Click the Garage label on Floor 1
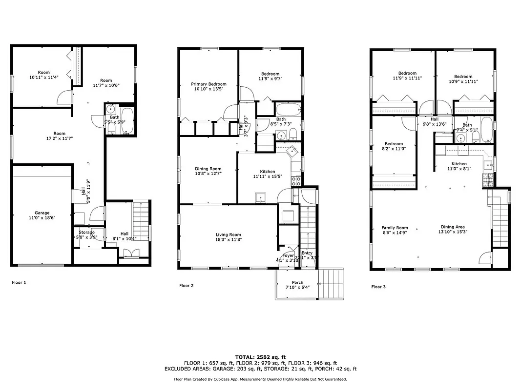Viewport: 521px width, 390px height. click(x=42, y=213)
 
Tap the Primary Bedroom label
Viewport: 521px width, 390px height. click(x=208, y=84)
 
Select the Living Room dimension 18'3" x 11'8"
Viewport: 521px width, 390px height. click(x=229, y=239)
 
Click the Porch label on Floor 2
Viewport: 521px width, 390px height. click(x=297, y=282)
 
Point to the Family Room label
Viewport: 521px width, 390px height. click(x=395, y=228)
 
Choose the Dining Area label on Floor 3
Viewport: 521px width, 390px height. click(x=453, y=227)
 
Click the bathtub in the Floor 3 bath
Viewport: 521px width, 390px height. click(x=486, y=130)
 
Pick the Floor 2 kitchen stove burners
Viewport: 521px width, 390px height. click(x=296, y=181)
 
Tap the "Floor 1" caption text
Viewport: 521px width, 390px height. click(x=19, y=282)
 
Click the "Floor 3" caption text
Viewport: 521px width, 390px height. click(x=378, y=287)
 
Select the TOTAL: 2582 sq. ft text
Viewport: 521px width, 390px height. click(x=260, y=357)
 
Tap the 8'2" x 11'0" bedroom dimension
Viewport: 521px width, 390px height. click(x=394, y=149)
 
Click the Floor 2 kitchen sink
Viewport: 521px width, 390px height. click(x=260, y=197)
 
